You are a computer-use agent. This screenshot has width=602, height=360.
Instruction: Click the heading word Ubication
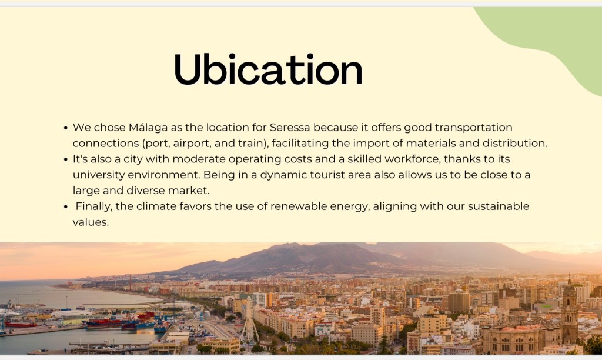click(x=268, y=69)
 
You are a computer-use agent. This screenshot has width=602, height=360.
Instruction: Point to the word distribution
click(x=515, y=143)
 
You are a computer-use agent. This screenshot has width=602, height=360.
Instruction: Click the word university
click(x=99, y=175)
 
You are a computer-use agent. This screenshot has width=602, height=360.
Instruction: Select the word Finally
click(x=94, y=206)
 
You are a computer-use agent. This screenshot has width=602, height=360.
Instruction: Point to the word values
click(x=91, y=222)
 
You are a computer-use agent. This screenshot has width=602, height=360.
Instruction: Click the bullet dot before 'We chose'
click(x=66, y=128)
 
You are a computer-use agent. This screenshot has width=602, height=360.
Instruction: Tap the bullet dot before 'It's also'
click(x=66, y=159)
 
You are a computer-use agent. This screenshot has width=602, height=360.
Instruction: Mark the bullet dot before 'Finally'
click(x=66, y=207)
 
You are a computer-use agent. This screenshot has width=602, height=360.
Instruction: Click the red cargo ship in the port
click(x=103, y=324)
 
